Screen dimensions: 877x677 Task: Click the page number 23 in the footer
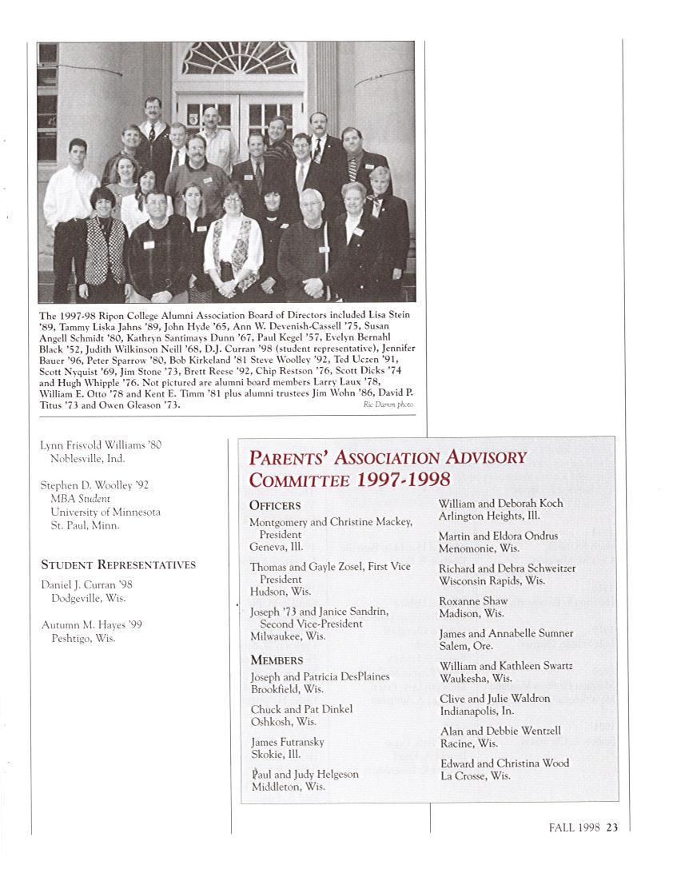pos(612,827)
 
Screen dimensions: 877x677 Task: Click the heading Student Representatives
pos(118,564)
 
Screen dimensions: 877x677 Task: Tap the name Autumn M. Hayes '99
pos(91,625)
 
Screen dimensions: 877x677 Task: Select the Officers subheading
pos(275,505)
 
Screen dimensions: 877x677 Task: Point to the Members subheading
pos(277,660)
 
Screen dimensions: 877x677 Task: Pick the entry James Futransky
pos(287,742)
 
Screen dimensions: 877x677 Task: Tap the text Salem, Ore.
pos(467,646)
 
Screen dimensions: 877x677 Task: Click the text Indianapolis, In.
pos(477,711)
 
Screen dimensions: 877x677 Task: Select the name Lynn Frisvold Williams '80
pos(101,444)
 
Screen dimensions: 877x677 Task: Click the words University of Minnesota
pos(106,512)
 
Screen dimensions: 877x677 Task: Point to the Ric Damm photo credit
pos(388,405)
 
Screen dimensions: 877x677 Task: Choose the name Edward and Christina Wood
pos(504,763)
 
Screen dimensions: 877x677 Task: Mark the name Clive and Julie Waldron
pos(495,698)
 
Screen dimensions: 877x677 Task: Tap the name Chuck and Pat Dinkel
pos(301,709)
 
